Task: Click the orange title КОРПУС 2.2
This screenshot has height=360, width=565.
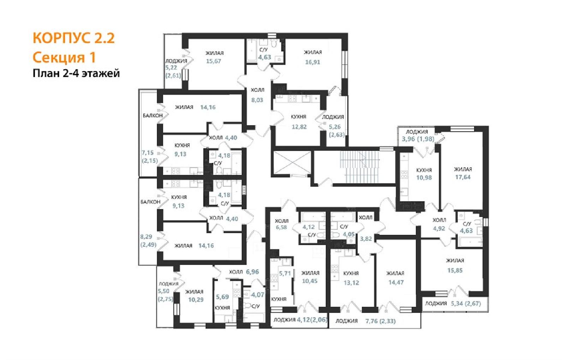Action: [x=74, y=38]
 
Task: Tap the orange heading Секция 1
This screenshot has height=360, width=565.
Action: [x=64, y=57]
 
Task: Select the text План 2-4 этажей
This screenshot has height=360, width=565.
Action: [x=76, y=73]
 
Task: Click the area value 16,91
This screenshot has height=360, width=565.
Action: [x=313, y=62]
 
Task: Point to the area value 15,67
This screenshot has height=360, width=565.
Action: [x=213, y=61]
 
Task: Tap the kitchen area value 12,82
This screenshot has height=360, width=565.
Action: [x=299, y=127]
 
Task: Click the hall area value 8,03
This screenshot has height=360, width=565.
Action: [x=257, y=100]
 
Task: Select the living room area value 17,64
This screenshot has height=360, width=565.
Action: [x=463, y=177]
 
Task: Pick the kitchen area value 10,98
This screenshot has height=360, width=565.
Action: [x=424, y=178]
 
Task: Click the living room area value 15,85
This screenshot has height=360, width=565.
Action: [x=455, y=270]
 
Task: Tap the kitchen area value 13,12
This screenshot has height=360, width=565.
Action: [x=351, y=283]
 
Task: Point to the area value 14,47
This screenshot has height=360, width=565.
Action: [x=396, y=283]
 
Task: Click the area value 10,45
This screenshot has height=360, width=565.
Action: [x=310, y=281]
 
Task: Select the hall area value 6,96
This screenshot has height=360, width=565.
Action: [x=252, y=272]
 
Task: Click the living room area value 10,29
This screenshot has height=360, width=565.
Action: [x=196, y=300]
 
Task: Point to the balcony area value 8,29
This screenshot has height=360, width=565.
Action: [x=146, y=237]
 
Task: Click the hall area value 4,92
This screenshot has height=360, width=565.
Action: [x=439, y=229]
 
